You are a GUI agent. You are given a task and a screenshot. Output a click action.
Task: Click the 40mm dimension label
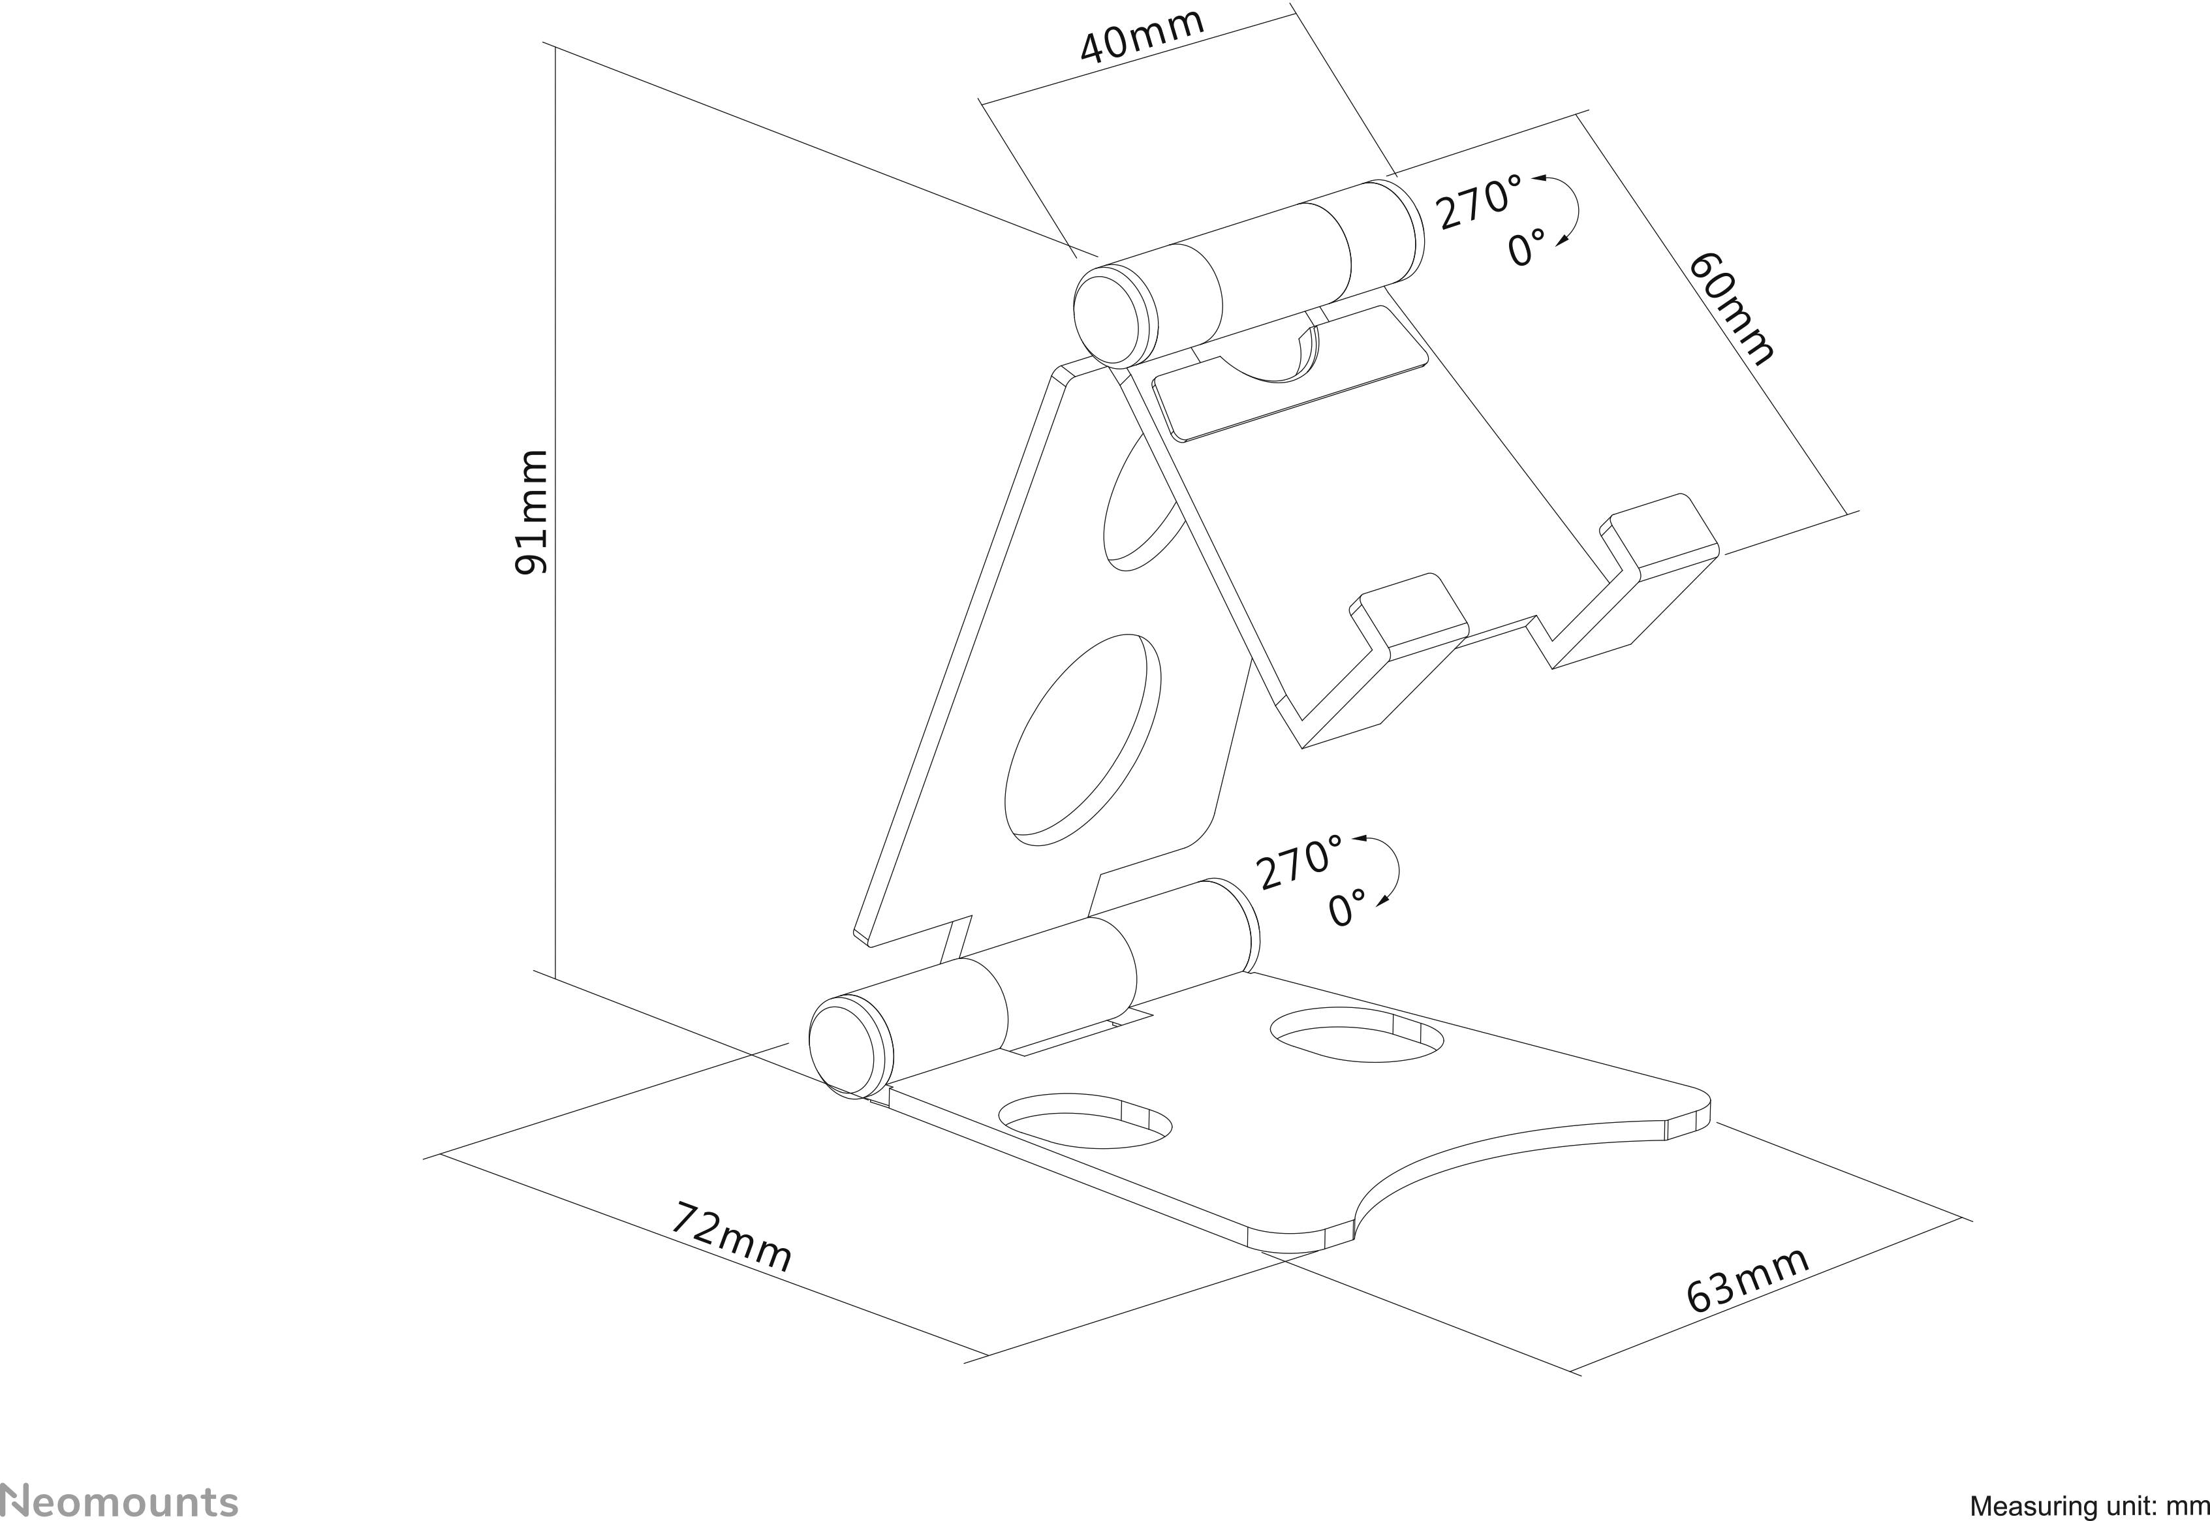[x=1141, y=35]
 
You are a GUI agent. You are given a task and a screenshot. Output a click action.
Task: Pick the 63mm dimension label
[x=1746, y=1280]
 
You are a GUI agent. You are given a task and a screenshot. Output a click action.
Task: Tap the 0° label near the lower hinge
[x=1348, y=908]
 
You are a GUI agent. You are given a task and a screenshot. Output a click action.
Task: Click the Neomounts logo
[x=118, y=1500]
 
